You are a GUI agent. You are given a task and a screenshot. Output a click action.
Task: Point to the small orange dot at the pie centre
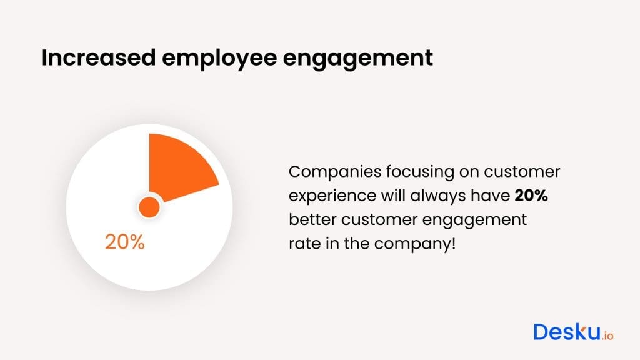click(x=149, y=207)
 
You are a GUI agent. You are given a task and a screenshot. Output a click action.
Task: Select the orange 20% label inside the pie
click(x=125, y=242)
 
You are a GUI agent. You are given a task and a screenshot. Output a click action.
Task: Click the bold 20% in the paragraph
click(x=531, y=196)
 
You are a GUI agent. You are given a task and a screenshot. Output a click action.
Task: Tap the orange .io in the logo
click(x=607, y=335)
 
